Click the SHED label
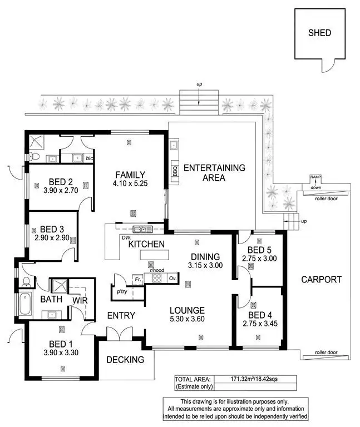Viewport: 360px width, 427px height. point(319,33)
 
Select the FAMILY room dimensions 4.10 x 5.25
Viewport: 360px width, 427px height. point(130,183)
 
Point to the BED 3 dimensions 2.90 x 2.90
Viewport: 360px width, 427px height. point(54,237)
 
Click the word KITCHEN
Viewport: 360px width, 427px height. point(146,244)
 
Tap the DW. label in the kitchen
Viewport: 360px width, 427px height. point(124,238)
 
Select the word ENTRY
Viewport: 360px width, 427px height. point(121,315)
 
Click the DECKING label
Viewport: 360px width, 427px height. point(125,359)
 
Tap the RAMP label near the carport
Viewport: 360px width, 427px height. point(316,177)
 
